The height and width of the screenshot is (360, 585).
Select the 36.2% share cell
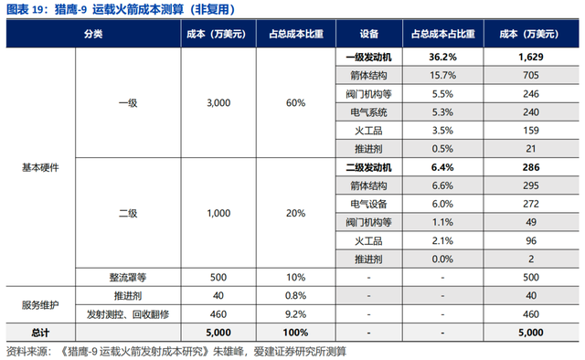click(x=441, y=57)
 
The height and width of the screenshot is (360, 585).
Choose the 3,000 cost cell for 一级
click(x=220, y=103)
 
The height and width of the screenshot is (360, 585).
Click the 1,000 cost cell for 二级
click(x=220, y=212)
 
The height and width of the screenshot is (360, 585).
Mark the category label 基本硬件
click(x=41, y=168)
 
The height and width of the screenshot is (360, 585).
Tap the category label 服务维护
click(x=41, y=304)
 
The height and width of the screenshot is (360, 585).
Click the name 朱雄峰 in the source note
click(x=230, y=350)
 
